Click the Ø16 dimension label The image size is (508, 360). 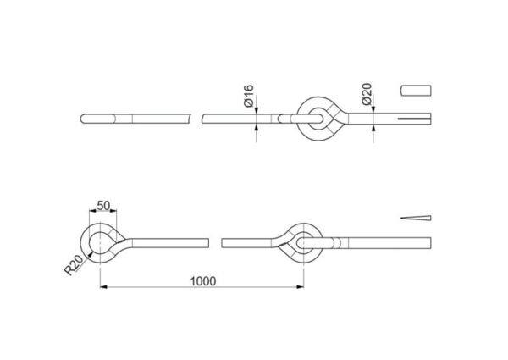pyautogui.click(x=249, y=96)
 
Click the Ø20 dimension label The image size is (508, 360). pyautogui.click(x=367, y=94)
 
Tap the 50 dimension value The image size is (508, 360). pyautogui.click(x=103, y=206)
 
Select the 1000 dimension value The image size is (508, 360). pyautogui.click(x=203, y=281)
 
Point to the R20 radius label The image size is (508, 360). pyautogui.click(x=74, y=266)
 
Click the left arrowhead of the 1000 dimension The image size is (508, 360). pyautogui.click(x=103, y=287)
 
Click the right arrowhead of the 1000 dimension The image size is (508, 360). pyautogui.click(x=301, y=287)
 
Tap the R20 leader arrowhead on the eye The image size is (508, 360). pyautogui.click(x=90, y=254)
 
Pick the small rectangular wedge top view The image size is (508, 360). pyautogui.click(x=416, y=91)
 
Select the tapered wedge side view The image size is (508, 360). pyautogui.click(x=416, y=218)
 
